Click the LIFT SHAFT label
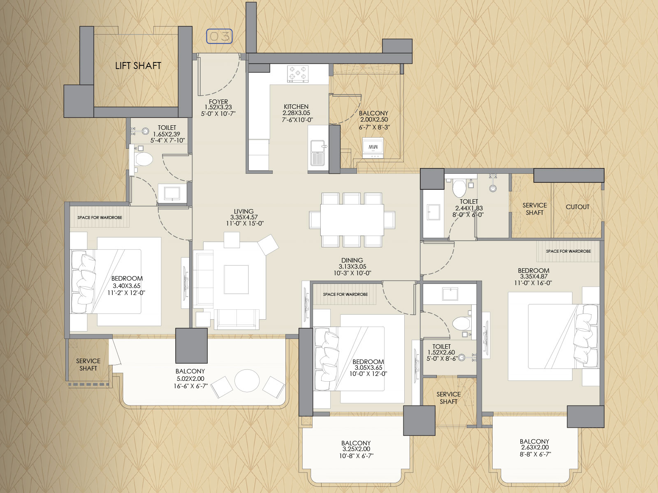tap(138, 66)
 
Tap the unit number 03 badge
tap(219, 37)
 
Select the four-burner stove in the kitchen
tap(298, 74)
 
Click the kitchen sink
tap(318, 153)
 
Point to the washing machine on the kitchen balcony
tap(373, 148)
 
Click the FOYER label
tap(218, 101)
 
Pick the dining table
tap(352, 220)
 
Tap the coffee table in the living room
tap(236, 280)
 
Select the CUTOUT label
tap(577, 207)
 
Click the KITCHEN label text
tap(296, 106)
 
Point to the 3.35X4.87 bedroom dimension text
tap(534, 276)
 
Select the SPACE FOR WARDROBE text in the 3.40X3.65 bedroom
tap(100, 218)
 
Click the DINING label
tap(352, 260)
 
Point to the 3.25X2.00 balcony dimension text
tap(356, 449)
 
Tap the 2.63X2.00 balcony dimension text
tap(535, 447)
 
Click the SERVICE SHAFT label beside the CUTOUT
tap(535, 209)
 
